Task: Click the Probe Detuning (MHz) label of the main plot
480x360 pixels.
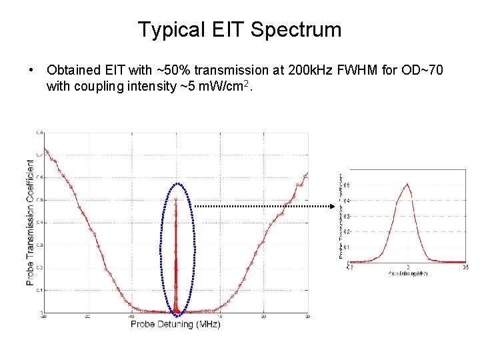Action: pos(175,324)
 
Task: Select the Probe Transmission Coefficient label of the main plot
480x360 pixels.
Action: pos(31,222)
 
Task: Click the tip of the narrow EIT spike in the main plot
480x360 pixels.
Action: pos(176,199)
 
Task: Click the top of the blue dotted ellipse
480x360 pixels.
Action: pos(177,183)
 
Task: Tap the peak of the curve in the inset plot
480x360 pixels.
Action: pos(407,185)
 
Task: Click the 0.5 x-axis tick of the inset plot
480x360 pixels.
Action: pos(465,267)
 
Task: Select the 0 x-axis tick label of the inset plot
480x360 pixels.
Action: pos(407,267)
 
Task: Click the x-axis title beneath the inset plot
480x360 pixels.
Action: pos(407,273)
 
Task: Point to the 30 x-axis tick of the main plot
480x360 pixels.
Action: pos(307,316)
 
